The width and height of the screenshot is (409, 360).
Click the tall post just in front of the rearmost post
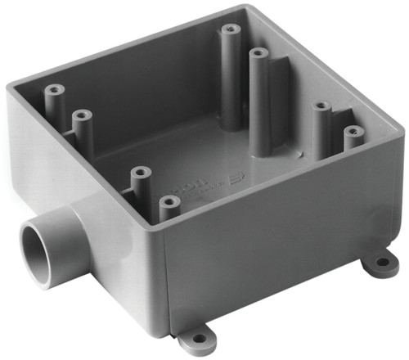coord(258,54)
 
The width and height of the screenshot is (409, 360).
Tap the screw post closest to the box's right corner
coord(353,132)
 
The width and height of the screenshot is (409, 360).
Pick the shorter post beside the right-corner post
coord(321,107)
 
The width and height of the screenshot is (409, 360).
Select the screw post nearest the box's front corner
coord(169,201)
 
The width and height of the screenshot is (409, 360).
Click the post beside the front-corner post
coord(141,173)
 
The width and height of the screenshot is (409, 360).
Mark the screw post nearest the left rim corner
coord(55,88)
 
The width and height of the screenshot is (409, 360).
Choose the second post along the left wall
coord(82,116)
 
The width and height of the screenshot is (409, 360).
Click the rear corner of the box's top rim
coord(241,7)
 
